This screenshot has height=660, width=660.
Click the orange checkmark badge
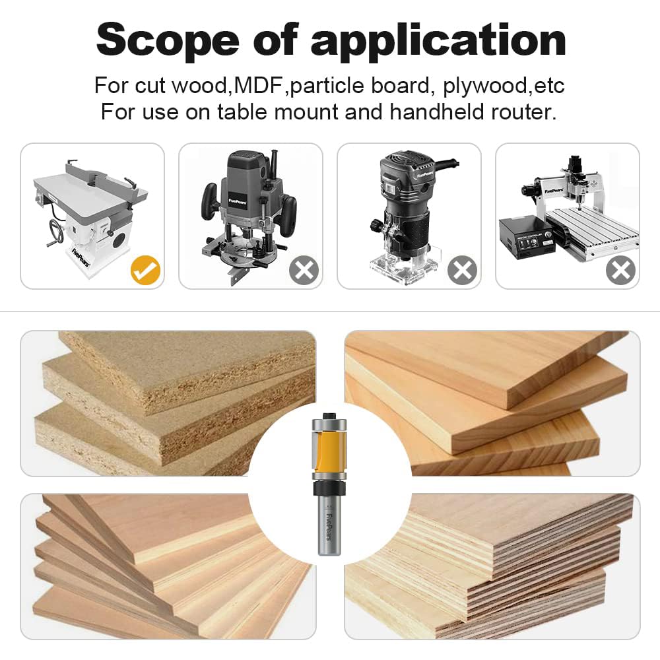[x=145, y=270]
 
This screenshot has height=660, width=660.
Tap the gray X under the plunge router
[x=304, y=270]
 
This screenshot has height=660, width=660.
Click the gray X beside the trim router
[x=462, y=270]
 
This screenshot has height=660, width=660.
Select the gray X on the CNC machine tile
[x=620, y=270]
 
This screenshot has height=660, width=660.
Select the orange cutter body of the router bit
[x=329, y=449]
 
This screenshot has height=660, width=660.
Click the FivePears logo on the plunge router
[x=238, y=201]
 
